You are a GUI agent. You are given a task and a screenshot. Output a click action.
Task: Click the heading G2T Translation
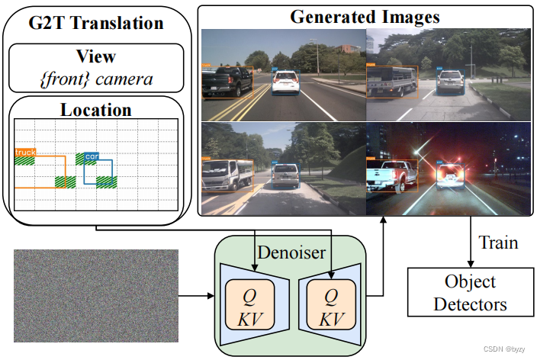[x=96, y=24]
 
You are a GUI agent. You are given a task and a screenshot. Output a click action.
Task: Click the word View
[x=96, y=56]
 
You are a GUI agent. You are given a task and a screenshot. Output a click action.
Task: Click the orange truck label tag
[x=25, y=153]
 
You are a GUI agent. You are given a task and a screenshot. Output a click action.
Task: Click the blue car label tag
[x=92, y=156]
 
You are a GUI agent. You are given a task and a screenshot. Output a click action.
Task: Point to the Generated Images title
[x=365, y=16]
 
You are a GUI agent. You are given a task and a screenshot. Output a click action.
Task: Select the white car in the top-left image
[x=285, y=82]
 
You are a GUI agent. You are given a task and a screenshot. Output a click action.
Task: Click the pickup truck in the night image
[x=392, y=174]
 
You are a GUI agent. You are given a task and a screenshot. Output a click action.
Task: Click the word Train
[x=499, y=243]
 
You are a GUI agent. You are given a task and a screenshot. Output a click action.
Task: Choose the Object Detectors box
[x=470, y=293]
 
